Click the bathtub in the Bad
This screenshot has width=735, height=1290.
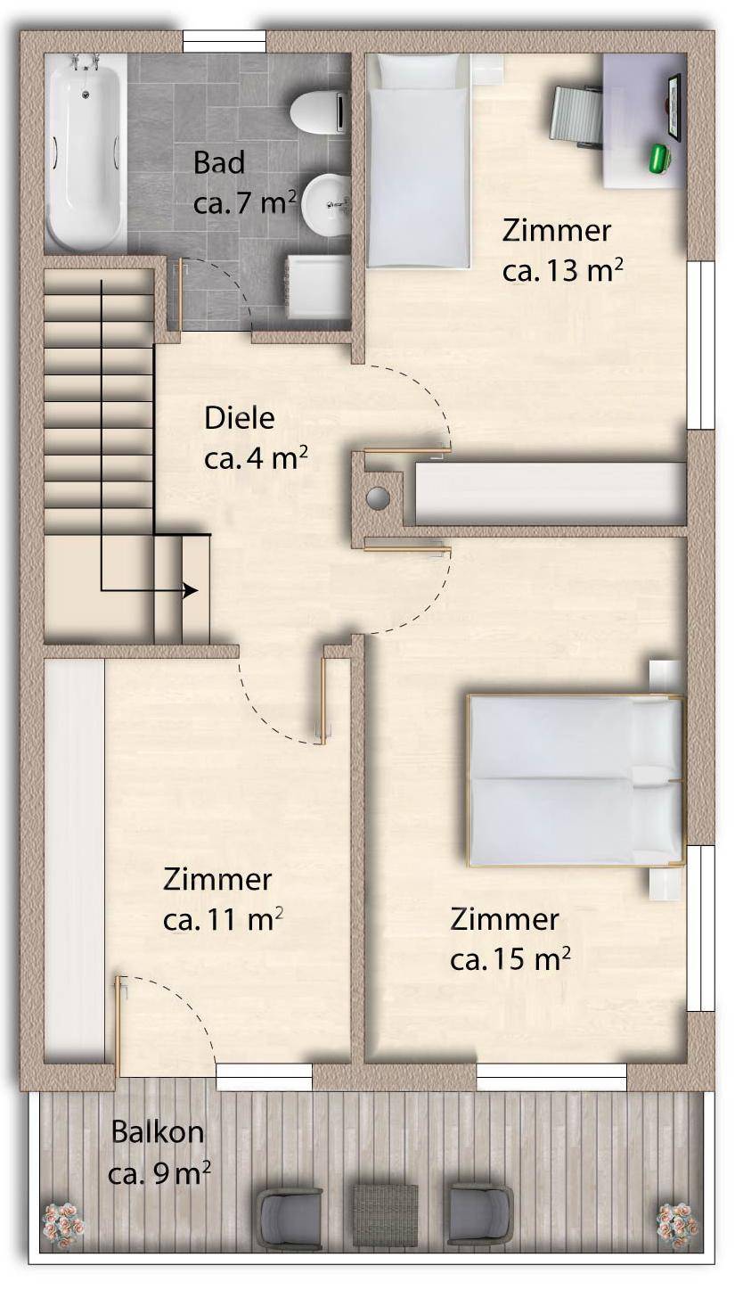pyautogui.click(x=86, y=152)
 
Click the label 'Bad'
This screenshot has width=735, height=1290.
pyautogui.click(x=218, y=163)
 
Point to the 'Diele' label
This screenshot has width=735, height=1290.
pyautogui.click(x=239, y=418)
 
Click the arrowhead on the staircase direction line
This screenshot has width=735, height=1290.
pyautogui.click(x=191, y=590)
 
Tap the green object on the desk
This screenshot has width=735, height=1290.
pyautogui.click(x=661, y=158)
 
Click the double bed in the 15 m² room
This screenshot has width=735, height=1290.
pyautogui.click(x=576, y=780)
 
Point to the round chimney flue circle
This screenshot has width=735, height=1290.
pyautogui.click(x=378, y=497)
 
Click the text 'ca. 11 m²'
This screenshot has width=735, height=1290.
pyautogui.click(x=223, y=920)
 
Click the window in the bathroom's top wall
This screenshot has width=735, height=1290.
pyautogui.click(x=225, y=42)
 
